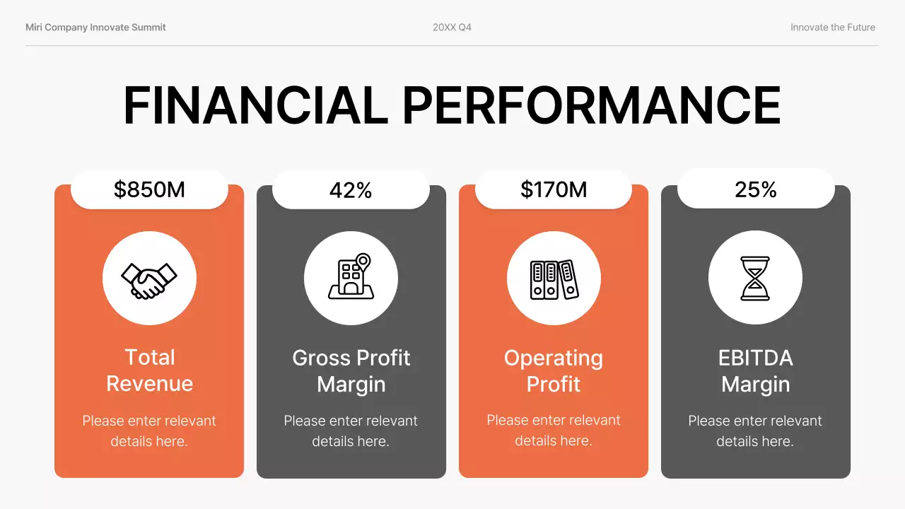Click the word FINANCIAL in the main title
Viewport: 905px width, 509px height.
click(255, 106)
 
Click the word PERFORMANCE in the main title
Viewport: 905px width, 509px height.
click(591, 106)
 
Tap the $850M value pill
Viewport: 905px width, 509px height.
click(149, 189)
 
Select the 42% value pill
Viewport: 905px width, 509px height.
click(351, 189)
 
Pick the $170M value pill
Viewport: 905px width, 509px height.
click(554, 189)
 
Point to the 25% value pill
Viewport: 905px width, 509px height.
click(756, 189)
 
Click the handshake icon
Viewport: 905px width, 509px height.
click(149, 279)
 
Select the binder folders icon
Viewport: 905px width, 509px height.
click(554, 279)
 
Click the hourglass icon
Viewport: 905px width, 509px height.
click(755, 279)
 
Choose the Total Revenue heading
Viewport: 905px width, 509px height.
click(149, 370)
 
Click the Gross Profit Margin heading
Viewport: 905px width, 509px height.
click(351, 370)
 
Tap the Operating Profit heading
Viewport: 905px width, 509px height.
click(554, 370)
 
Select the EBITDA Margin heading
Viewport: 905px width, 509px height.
click(756, 370)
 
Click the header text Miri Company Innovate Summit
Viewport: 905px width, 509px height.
click(95, 28)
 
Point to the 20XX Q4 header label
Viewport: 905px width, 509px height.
click(452, 28)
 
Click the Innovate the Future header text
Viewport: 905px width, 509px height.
click(833, 28)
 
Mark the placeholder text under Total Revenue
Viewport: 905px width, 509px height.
click(149, 431)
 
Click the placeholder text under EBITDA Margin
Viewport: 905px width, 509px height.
click(755, 431)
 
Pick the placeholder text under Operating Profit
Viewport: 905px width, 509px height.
click(554, 430)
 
